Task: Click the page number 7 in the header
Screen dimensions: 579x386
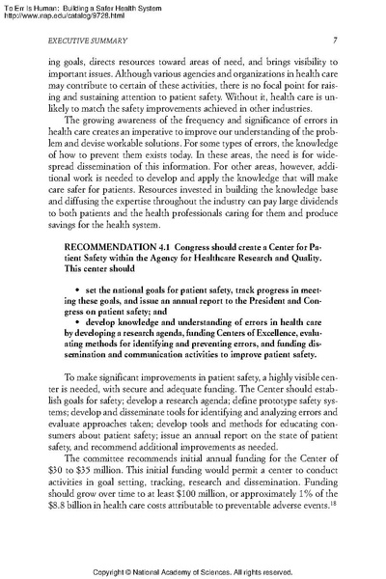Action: (x=333, y=40)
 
